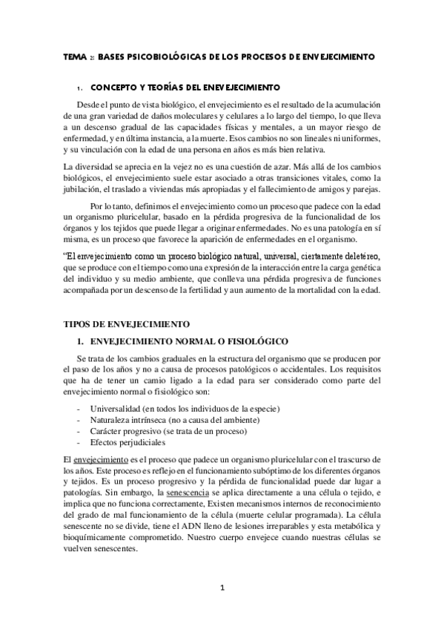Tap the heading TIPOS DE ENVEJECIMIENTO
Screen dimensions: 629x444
click(127, 324)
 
